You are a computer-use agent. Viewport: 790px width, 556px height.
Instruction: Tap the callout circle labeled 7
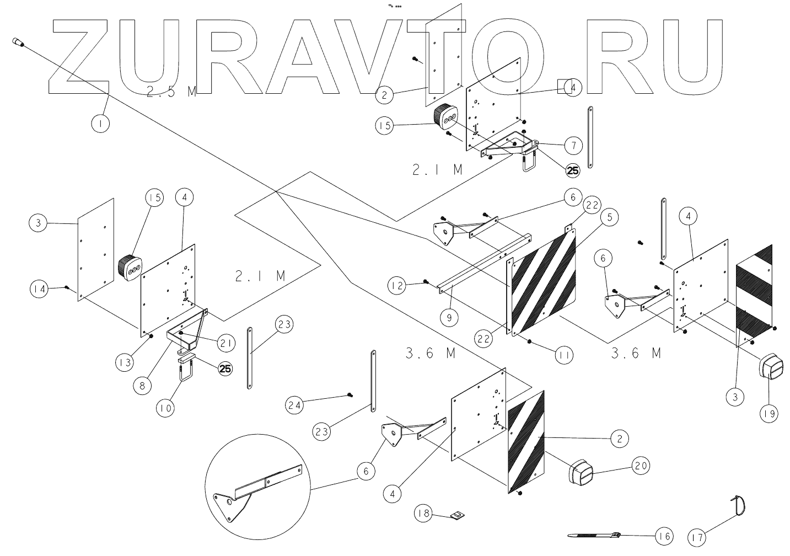click(573, 146)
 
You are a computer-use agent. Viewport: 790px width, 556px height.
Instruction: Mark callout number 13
click(125, 362)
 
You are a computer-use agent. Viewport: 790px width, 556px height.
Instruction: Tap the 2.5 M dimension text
click(171, 92)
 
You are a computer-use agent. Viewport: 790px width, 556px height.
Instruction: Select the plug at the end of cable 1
click(18, 42)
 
